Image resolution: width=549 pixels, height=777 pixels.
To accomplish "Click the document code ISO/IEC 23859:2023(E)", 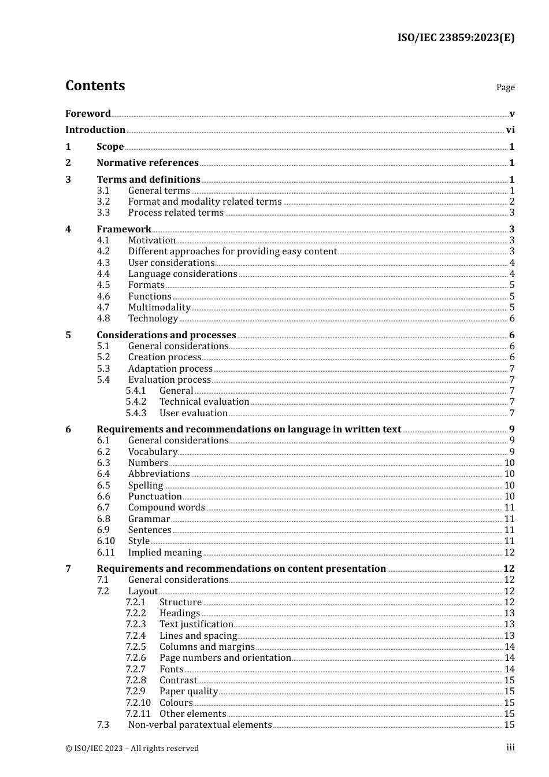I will pyautogui.click(x=455, y=38).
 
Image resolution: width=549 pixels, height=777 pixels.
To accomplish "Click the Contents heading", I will pyautogui.click(x=95, y=86).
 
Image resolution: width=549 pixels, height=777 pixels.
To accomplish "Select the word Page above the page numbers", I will pyautogui.click(x=505, y=87).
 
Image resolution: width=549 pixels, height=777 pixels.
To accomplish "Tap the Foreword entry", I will pyautogui.click(x=88, y=114).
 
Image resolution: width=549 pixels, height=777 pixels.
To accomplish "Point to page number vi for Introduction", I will pyautogui.click(x=510, y=130).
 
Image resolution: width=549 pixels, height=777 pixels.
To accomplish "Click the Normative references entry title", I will pyautogui.click(x=147, y=163).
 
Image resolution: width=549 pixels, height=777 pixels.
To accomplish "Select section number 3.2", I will pyautogui.click(x=103, y=202).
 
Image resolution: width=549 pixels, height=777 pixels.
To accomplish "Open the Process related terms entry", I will pyautogui.click(x=176, y=213).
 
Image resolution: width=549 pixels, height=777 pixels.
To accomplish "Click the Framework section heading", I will pyautogui.click(x=124, y=230).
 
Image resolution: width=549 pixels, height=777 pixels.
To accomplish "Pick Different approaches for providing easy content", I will pyautogui.click(x=232, y=251).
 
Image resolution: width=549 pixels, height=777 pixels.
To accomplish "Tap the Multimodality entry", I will pyautogui.click(x=159, y=308).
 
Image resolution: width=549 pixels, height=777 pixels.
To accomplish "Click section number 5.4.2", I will pyautogui.click(x=136, y=402).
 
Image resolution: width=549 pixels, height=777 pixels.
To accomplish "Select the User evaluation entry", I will pyautogui.click(x=193, y=413).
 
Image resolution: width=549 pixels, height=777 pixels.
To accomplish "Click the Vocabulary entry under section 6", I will pyautogui.click(x=153, y=452).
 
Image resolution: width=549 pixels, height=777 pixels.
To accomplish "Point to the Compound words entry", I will pyautogui.click(x=166, y=508).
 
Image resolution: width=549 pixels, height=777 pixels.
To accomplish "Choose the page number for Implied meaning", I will pyautogui.click(x=509, y=553).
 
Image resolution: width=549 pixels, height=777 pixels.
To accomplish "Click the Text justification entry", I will pyautogui.click(x=196, y=624).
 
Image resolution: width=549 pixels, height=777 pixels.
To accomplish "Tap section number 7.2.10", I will pyautogui.click(x=138, y=703).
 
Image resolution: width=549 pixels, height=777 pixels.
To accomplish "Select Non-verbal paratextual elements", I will pyautogui.click(x=199, y=725).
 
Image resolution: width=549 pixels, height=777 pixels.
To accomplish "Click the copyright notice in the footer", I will pyautogui.click(x=132, y=749).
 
